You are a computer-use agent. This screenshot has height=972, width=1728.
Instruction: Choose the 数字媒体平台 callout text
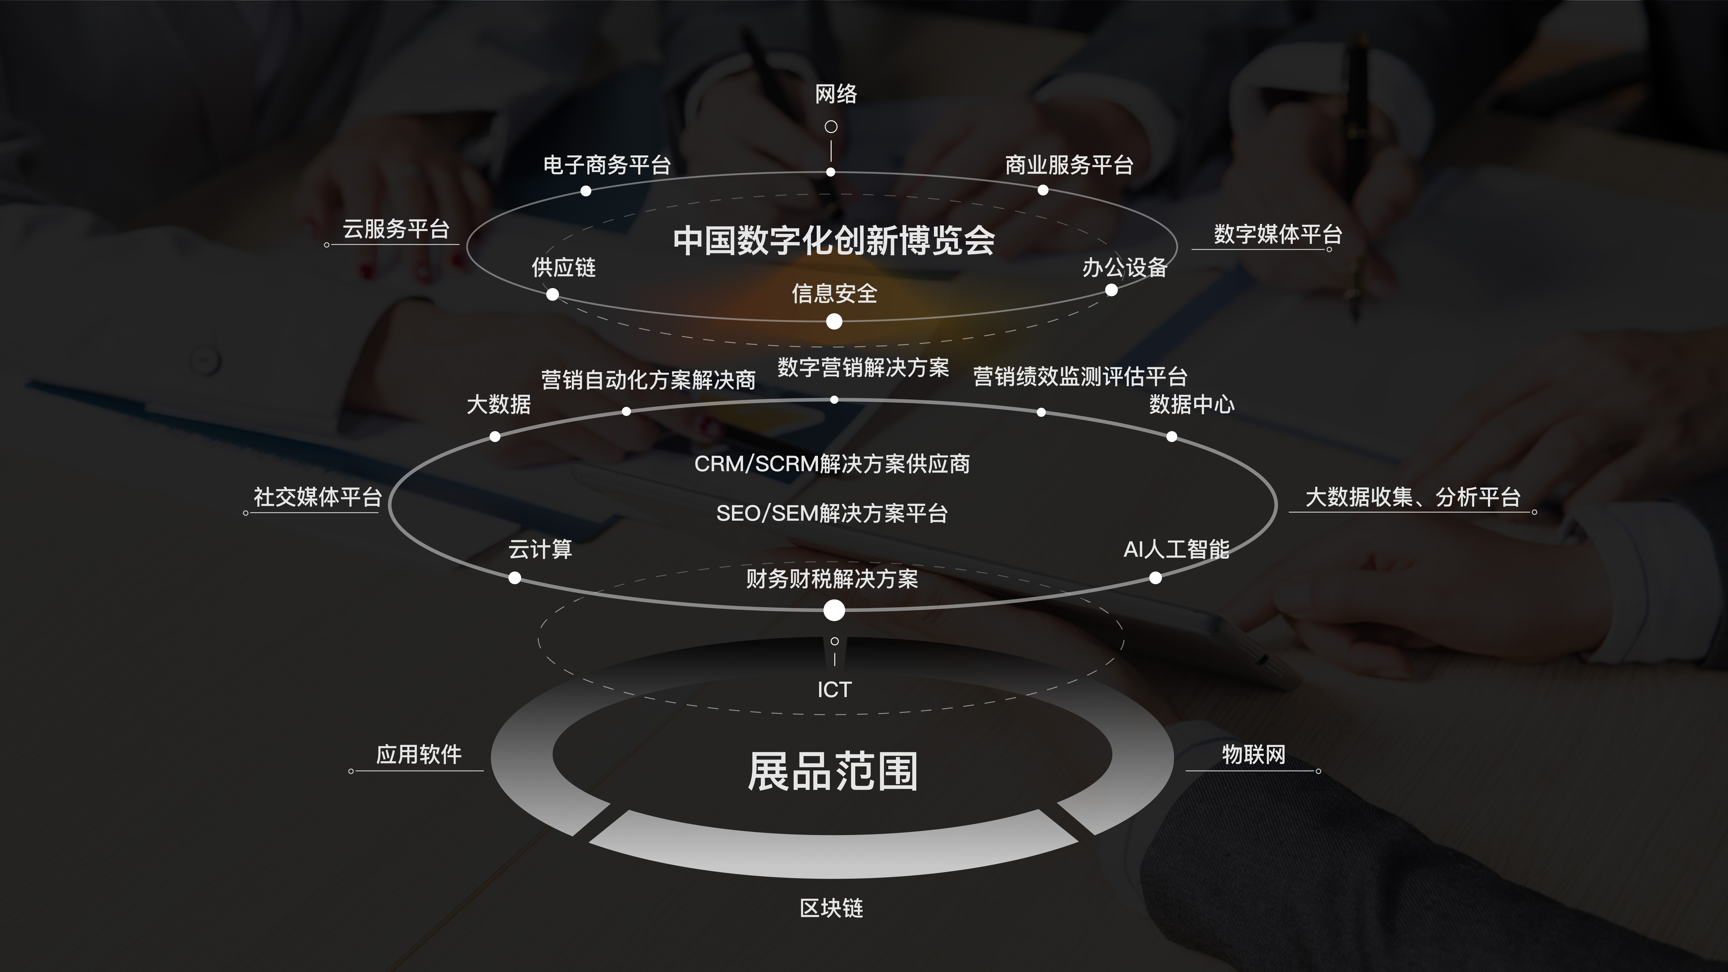click(x=1278, y=234)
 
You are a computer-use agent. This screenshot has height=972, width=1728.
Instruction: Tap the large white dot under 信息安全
click(x=834, y=322)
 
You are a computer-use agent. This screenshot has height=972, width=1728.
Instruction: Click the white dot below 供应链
click(x=552, y=295)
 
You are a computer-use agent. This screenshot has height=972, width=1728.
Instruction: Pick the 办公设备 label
click(x=1125, y=268)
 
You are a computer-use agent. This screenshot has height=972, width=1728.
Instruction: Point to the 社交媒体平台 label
click(x=317, y=497)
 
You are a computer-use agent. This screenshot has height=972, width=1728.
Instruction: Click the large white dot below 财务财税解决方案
click(x=834, y=610)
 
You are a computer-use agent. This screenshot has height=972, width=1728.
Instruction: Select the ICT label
click(x=834, y=690)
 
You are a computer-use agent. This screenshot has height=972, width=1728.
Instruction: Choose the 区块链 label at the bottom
click(x=832, y=908)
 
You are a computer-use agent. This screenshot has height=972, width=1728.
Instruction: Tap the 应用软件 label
click(x=419, y=755)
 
